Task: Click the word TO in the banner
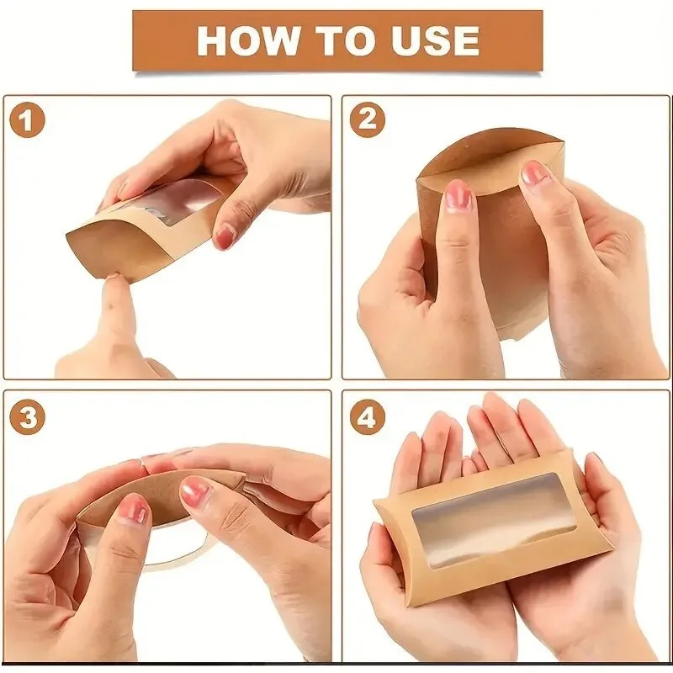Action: pos(344,40)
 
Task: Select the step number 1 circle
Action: pos(27,119)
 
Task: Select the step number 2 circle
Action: pos(368,119)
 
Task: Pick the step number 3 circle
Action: pos(27,417)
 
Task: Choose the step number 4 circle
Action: pos(368,417)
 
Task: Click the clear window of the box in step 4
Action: pos(494,521)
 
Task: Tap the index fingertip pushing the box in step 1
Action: pos(115,284)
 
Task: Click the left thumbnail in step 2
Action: pos(458,196)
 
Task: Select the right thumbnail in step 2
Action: pos(534,174)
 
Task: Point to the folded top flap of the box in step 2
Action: pos(490,159)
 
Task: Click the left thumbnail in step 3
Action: pos(133,510)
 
